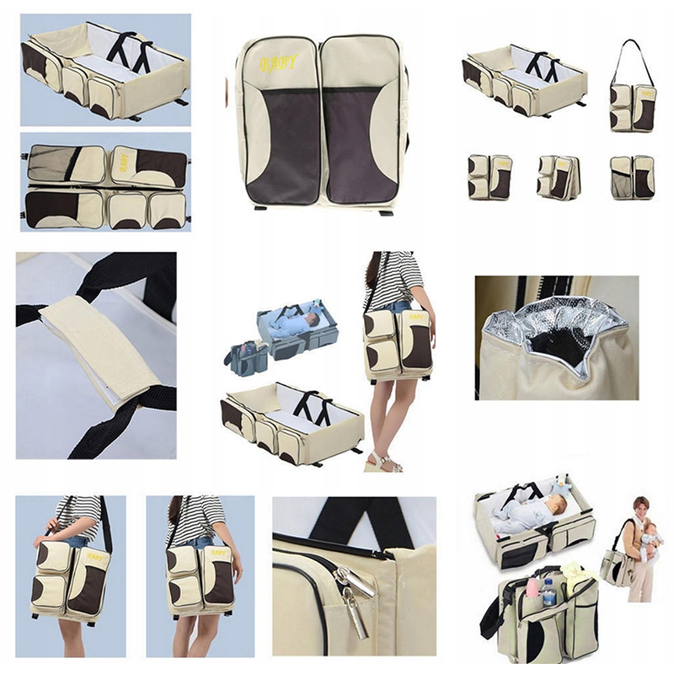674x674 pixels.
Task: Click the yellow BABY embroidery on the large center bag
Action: [x=277, y=62]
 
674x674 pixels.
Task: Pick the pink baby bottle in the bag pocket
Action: [x=532, y=588]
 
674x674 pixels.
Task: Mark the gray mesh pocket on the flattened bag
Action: [x=50, y=162]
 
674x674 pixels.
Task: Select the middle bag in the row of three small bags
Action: [x=558, y=177]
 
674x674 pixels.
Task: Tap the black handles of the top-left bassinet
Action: [x=129, y=51]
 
